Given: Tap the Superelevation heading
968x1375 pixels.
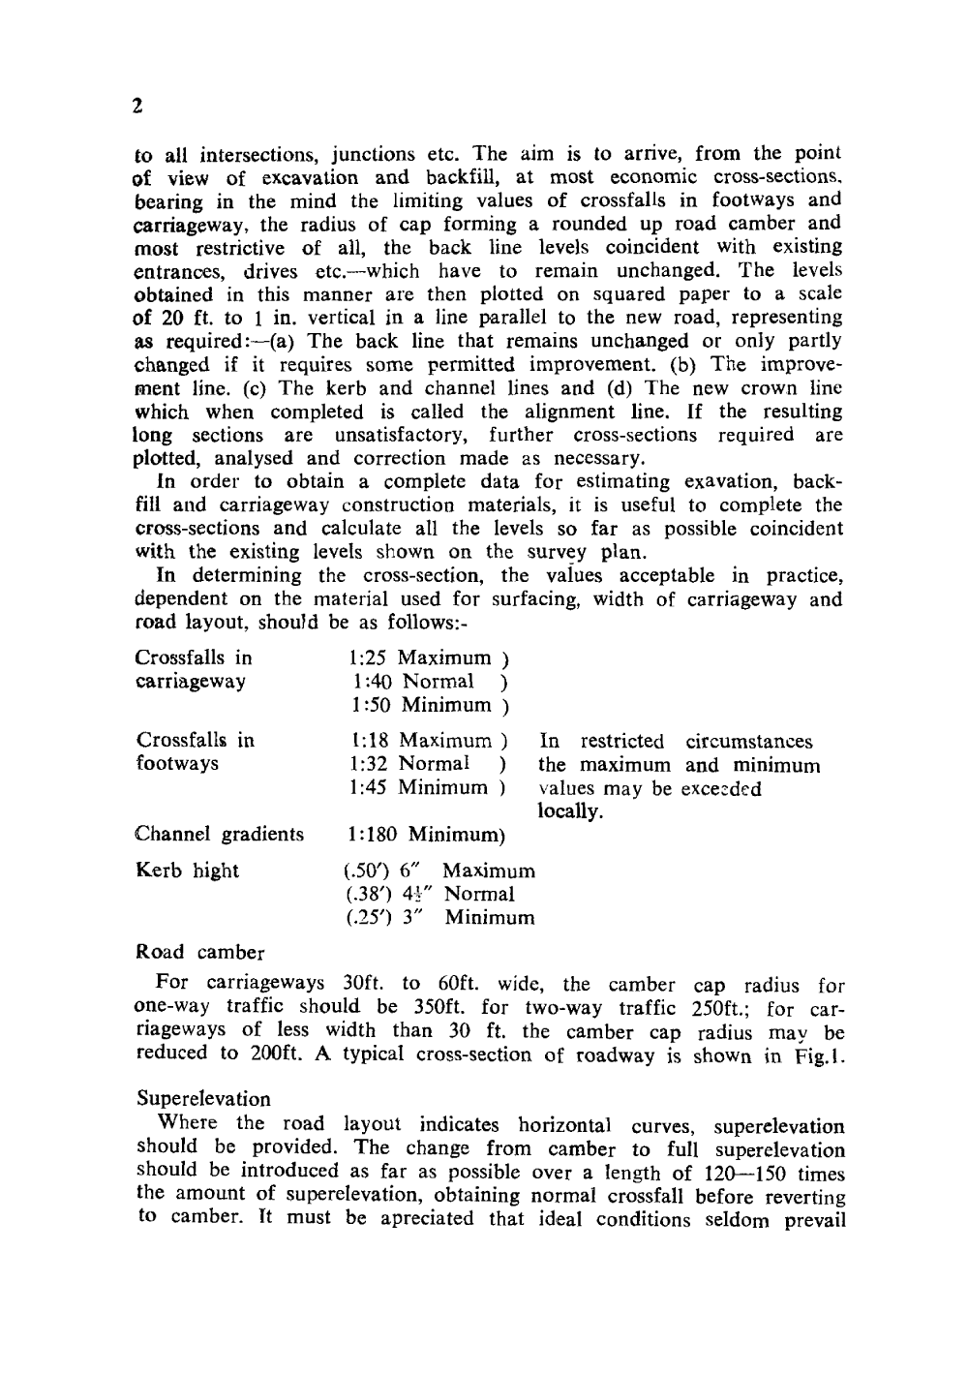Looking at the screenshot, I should point(204,1099).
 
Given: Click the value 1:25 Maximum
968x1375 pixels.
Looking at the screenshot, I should point(420,658).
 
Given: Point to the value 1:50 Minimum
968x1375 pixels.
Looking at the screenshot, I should point(420,705).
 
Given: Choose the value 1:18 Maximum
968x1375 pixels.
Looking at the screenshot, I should point(420,742).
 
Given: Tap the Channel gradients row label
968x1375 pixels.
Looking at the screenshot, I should point(220,835).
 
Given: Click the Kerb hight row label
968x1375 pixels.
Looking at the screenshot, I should point(187,871).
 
